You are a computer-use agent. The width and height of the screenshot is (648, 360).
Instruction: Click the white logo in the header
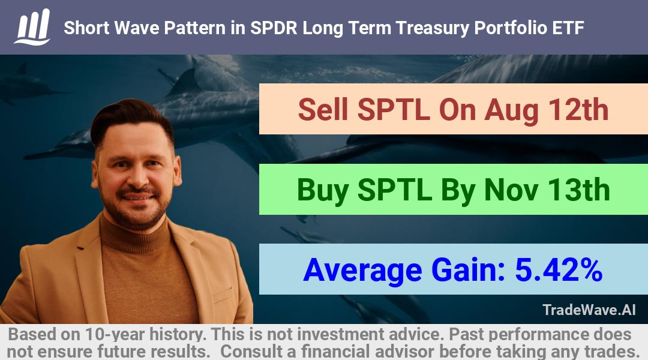tap(32, 27)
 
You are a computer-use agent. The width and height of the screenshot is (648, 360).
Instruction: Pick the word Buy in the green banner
tap(322, 191)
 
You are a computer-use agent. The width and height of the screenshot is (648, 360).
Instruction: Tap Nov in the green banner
tap(511, 190)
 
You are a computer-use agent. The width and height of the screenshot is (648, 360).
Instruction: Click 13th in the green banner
tap(579, 190)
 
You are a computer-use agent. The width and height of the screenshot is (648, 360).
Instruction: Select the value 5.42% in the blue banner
tap(559, 269)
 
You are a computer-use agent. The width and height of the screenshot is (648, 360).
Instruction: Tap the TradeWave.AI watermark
tap(589, 310)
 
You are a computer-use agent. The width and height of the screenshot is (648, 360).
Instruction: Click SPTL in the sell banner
tap(393, 110)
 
